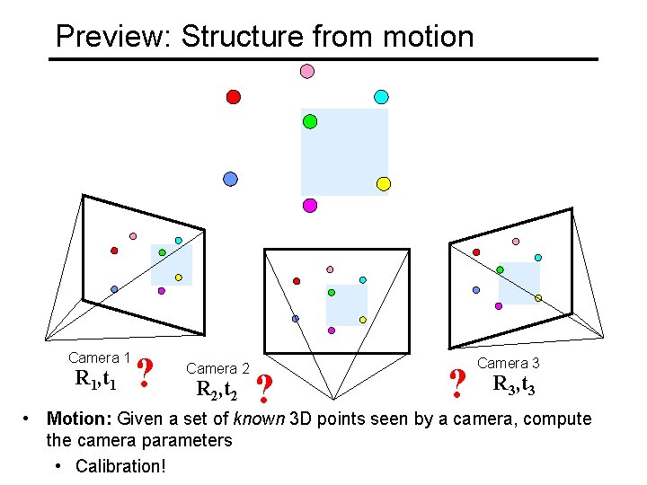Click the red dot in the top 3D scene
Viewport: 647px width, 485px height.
pyautogui.click(x=234, y=96)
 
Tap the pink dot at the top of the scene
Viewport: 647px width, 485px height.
pyautogui.click(x=306, y=71)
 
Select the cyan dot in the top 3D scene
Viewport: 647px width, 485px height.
pyautogui.click(x=381, y=96)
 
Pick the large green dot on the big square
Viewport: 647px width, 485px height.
pyautogui.click(x=310, y=121)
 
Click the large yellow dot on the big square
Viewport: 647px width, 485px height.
pyautogui.click(x=383, y=184)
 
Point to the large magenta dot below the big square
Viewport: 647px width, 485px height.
pyautogui.click(x=310, y=205)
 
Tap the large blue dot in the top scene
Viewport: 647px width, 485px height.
pyautogui.click(x=231, y=179)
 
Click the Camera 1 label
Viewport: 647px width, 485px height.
pyautogui.click(x=100, y=357)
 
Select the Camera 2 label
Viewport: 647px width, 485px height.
pyautogui.click(x=217, y=368)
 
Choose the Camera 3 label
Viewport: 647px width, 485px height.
pyautogui.click(x=509, y=363)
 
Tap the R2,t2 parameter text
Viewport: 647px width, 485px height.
pyautogui.click(x=217, y=390)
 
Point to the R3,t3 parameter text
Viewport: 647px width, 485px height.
pyautogui.click(x=514, y=385)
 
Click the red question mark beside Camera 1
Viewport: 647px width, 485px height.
pyautogui.click(x=145, y=373)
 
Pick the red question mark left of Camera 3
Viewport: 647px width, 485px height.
pyautogui.click(x=457, y=384)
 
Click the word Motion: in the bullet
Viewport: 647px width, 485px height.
pyautogui.click(x=79, y=419)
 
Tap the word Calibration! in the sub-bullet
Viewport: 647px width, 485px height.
pyautogui.click(x=120, y=466)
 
